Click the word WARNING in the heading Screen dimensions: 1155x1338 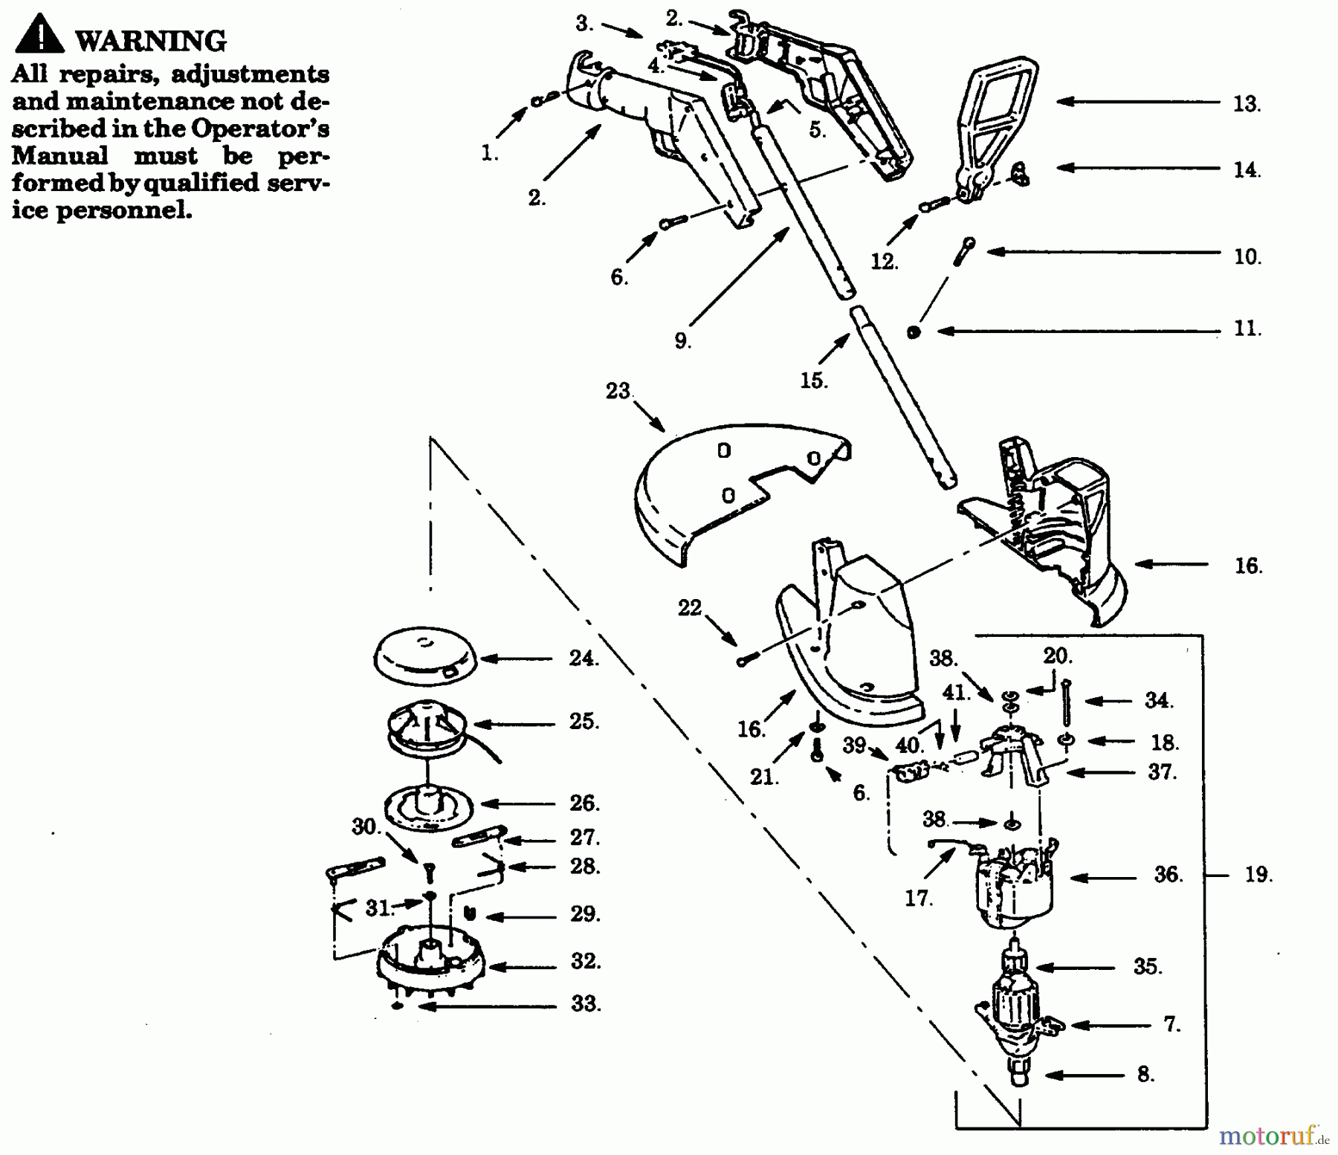[x=151, y=41]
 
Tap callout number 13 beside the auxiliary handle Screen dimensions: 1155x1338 [x=1246, y=104]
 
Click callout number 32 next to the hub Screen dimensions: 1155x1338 [x=585, y=961]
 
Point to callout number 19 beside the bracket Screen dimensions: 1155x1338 [x=1258, y=875]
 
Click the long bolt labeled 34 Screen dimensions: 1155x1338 [x=1067, y=702]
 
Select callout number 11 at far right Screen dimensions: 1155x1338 [x=1247, y=329]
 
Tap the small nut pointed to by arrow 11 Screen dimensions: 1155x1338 [x=914, y=331]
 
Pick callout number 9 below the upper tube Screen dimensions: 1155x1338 [x=682, y=341]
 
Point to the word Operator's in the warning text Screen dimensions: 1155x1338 [x=260, y=129]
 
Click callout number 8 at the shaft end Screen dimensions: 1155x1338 [x=1145, y=1075]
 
